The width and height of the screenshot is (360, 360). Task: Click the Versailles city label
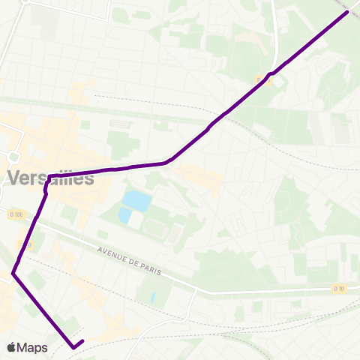pyautogui.click(x=51, y=178)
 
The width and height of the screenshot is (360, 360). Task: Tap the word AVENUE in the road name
pyautogui.click(x=112, y=250)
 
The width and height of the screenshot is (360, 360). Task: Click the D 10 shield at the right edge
pyautogui.click(x=338, y=288)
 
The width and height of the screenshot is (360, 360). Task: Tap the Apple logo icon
pyautogui.click(x=11, y=347)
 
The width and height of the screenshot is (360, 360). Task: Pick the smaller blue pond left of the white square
pyautogui.click(x=124, y=215)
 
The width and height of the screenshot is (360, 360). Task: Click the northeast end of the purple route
pyautogui.click(x=346, y=12)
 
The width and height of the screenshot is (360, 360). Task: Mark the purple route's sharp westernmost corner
pyautogui.click(x=13, y=274)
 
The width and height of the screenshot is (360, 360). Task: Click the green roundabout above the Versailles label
pyautogui.click(x=13, y=157)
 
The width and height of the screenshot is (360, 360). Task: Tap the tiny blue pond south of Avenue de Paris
pyautogui.click(x=152, y=297)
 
